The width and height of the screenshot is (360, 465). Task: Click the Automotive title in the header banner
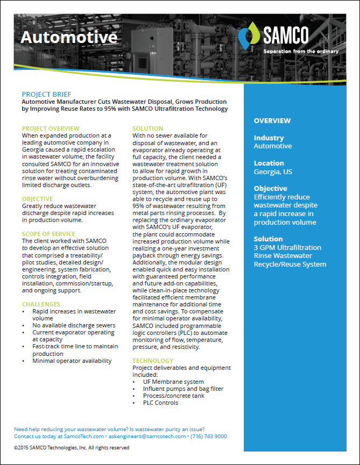tap(68, 37)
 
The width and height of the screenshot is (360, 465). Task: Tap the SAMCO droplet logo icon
tap(251, 35)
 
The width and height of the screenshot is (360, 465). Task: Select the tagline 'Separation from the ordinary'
tap(301, 52)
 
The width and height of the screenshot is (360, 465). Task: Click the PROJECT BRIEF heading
tap(46, 95)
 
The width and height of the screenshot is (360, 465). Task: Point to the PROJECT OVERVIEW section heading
tap(51, 129)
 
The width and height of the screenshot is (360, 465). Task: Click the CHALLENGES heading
tap(41, 304)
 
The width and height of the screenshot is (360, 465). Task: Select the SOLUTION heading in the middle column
tap(148, 129)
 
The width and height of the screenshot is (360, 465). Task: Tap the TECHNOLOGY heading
tap(153, 361)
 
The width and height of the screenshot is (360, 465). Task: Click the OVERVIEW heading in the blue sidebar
tap(272, 121)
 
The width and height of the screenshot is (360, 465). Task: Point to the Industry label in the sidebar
tap(269, 138)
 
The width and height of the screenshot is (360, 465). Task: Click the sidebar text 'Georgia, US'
tap(273, 171)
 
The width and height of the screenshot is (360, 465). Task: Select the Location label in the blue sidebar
tap(269, 163)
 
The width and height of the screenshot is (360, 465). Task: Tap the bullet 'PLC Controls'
tap(160, 403)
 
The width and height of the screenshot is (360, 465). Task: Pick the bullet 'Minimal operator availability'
tap(72, 361)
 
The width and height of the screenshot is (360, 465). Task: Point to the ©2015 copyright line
tap(72, 447)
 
